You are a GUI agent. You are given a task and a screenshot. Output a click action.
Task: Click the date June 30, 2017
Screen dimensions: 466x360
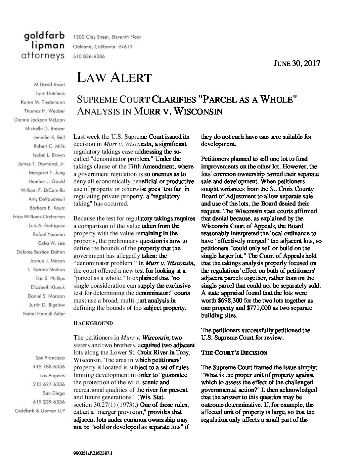tap(297, 63)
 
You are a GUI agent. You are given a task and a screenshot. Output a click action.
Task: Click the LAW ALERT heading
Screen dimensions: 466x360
tap(114, 78)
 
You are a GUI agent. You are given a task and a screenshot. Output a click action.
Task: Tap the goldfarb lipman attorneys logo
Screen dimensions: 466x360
tap(44, 46)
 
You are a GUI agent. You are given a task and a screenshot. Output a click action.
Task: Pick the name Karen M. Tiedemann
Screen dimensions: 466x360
tap(43, 102)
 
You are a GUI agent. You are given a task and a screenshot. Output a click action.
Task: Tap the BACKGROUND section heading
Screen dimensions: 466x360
tap(93, 323)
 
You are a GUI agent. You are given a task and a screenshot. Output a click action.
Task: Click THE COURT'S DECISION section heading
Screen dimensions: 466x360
tap(234, 353)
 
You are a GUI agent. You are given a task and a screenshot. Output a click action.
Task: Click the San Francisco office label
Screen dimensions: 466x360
tap(50, 358)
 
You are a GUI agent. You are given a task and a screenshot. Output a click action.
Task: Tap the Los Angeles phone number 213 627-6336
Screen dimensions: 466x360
tap(49, 384)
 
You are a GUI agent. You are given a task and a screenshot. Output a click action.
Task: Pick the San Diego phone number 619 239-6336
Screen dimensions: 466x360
tap(49, 402)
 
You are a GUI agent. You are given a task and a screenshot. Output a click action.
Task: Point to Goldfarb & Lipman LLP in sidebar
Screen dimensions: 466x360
tap(40, 411)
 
